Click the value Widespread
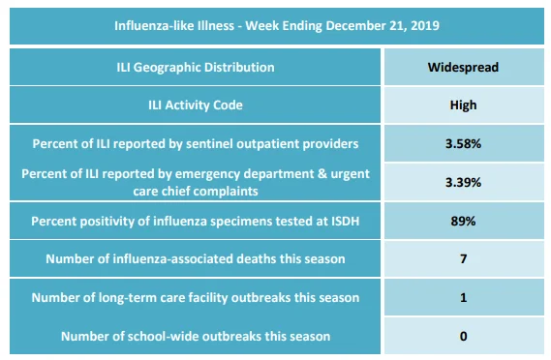(463, 67)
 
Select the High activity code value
(463, 105)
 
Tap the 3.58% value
(463, 143)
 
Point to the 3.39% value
(463, 182)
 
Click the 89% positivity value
(463, 221)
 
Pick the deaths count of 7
(464, 258)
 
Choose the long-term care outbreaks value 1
(464, 297)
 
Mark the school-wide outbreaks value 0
(464, 336)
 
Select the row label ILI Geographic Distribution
(196, 67)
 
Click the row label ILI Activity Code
(196, 105)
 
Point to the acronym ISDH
(345, 221)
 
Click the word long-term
(128, 298)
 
